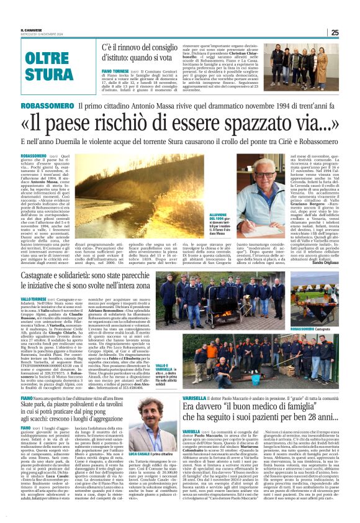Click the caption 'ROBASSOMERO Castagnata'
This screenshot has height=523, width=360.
pyautogui.click(x=320, y=328)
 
